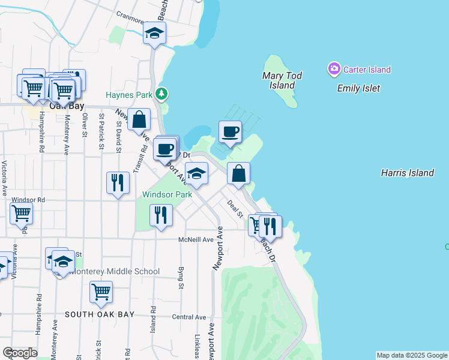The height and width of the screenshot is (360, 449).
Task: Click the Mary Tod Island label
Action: (x=282, y=80)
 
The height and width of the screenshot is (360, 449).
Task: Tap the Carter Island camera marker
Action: (x=334, y=70)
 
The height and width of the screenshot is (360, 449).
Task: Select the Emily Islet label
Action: (x=358, y=88)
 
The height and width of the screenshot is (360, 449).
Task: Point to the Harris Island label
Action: (x=408, y=173)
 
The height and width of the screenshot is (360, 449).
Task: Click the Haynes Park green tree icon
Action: (x=161, y=94)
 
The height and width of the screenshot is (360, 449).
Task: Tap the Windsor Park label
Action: (x=167, y=194)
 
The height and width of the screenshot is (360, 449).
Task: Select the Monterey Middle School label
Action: (x=115, y=271)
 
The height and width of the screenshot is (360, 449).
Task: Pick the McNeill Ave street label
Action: (x=196, y=239)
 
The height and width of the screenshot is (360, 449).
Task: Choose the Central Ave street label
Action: (x=188, y=317)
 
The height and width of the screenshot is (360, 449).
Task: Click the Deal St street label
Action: (x=235, y=209)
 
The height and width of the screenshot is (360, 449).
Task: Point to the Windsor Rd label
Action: (x=28, y=199)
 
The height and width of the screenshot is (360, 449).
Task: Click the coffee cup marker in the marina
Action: (x=230, y=131)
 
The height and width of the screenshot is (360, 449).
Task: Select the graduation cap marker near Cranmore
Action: (x=155, y=34)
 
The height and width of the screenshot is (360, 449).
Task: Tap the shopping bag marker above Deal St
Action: (x=239, y=173)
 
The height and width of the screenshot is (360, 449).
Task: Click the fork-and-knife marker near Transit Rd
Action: (x=118, y=182)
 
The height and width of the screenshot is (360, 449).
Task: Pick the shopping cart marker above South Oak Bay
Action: (x=101, y=292)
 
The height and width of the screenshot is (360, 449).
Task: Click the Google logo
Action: (x=20, y=353)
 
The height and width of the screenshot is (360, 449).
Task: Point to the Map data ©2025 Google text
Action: (x=411, y=355)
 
